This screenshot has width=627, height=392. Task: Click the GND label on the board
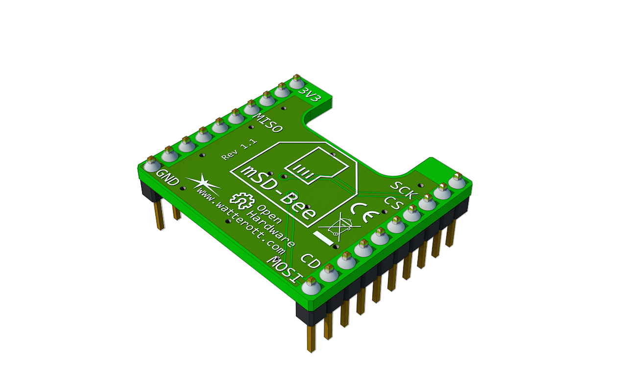[x=168, y=177]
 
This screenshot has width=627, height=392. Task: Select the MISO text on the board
[x=267, y=122]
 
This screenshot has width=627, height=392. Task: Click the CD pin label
[x=311, y=261]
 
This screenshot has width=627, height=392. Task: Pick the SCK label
[x=404, y=190]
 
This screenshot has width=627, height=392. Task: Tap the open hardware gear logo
[x=241, y=200]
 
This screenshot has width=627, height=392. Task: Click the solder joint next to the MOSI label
[x=311, y=285]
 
